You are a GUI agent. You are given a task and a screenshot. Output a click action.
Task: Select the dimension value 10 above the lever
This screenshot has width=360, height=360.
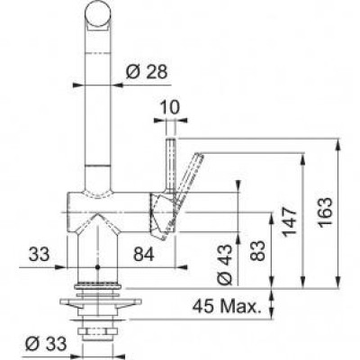[168, 106]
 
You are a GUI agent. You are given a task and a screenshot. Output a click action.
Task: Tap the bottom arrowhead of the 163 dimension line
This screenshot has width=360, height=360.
[337, 286]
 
